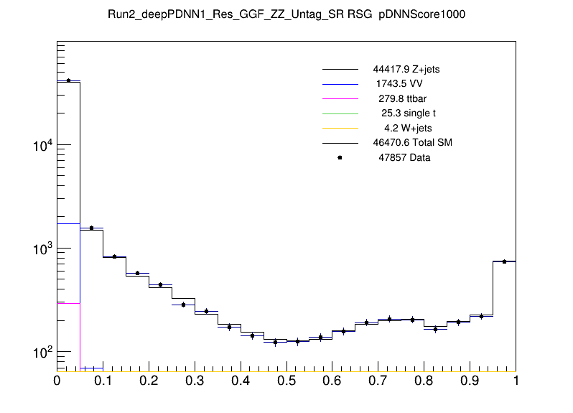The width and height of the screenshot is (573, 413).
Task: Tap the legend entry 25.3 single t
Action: [409, 113]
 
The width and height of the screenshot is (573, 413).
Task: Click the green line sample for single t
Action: [340, 113]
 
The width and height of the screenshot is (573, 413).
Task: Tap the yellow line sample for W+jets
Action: [340, 128]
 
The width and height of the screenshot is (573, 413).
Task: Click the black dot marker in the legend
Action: [340, 157]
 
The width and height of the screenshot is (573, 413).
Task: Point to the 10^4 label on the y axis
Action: [42, 147]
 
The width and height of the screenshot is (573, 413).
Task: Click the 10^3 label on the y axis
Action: [42, 249]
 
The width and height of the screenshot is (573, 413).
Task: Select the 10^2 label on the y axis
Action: [42, 353]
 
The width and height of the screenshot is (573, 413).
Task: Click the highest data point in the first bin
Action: [68, 80]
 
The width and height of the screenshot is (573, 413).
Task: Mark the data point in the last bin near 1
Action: [504, 261]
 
